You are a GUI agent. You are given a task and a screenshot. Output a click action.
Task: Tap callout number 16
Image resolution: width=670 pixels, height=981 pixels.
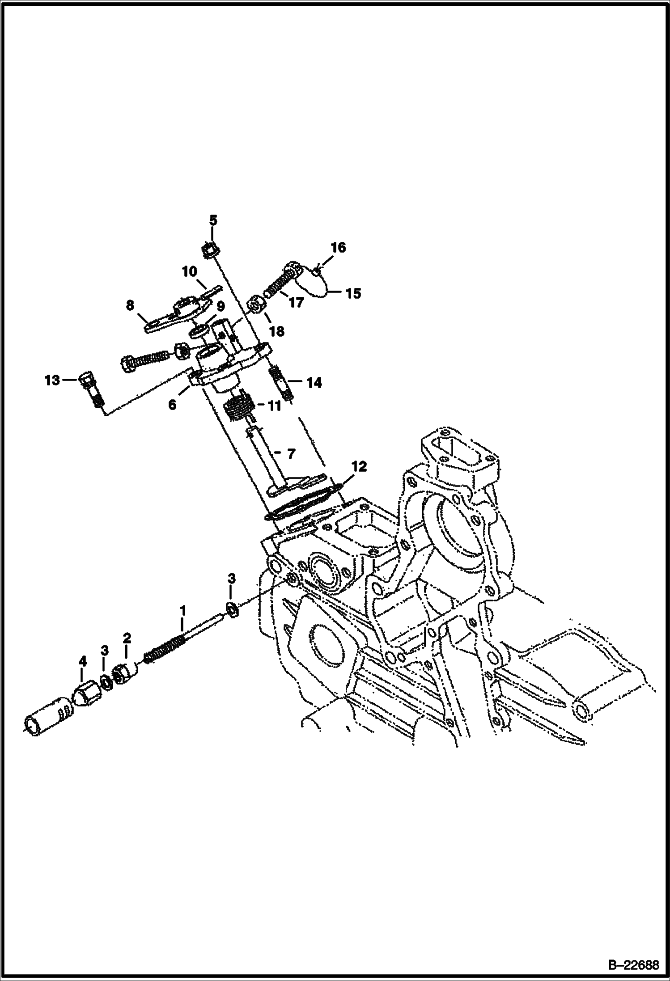click(338, 247)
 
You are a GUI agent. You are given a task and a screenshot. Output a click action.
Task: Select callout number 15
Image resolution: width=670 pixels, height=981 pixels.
click(353, 293)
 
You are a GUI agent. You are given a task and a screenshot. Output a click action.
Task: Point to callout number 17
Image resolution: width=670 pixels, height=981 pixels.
click(296, 302)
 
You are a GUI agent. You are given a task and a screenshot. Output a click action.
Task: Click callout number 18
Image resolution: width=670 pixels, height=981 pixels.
click(277, 331)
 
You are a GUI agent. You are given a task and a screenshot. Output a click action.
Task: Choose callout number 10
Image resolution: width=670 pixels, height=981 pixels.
click(189, 271)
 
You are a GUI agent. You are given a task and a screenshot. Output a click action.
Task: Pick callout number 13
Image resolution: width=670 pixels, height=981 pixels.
click(52, 380)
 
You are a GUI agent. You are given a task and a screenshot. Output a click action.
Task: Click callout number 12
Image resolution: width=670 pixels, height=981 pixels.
click(359, 467)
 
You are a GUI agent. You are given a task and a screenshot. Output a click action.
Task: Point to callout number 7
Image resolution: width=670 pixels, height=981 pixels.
click(291, 454)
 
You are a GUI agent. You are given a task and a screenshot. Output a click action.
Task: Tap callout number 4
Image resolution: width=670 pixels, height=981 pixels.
click(82, 661)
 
